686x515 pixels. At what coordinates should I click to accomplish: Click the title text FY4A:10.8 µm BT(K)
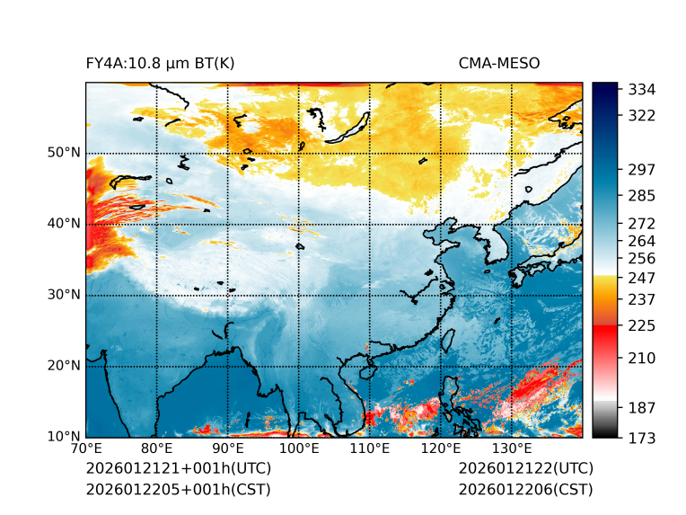160,63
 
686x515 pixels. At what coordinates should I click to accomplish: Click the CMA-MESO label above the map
499,63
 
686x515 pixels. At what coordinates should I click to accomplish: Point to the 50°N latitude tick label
64,153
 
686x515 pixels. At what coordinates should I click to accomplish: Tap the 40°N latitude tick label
64,224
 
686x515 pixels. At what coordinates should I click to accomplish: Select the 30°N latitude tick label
64,295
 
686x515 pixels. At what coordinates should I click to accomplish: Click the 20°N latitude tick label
64,366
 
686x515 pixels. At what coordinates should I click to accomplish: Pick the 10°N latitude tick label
64,438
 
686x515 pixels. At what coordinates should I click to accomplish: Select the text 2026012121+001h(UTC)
178,469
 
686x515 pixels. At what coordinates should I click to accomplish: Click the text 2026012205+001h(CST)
178,489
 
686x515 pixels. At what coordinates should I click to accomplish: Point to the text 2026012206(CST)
525,489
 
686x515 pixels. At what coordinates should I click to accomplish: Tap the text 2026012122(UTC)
525,469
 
